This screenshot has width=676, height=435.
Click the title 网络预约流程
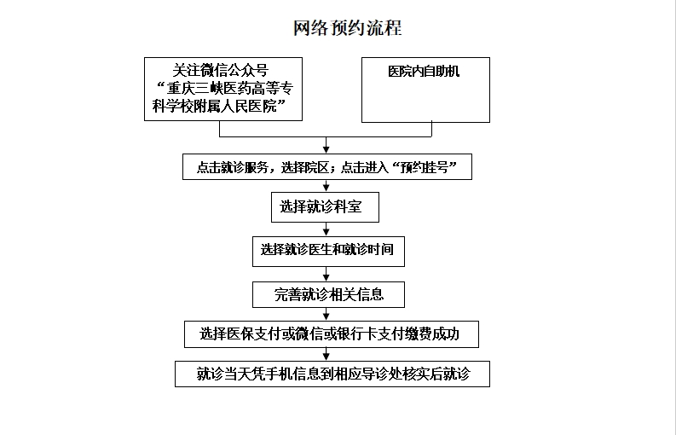click(x=348, y=28)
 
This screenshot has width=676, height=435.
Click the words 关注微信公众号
click(x=221, y=70)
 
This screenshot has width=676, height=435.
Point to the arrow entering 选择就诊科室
click(x=326, y=186)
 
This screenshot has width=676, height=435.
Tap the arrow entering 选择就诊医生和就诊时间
click(x=326, y=229)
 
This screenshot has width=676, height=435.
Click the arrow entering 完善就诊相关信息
click(x=326, y=274)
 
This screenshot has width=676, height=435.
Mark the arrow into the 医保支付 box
click(x=326, y=314)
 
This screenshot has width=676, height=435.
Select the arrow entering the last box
click(x=326, y=354)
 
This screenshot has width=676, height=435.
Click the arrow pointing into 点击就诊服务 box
click(x=326, y=145)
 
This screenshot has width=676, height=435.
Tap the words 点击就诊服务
click(x=233, y=167)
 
